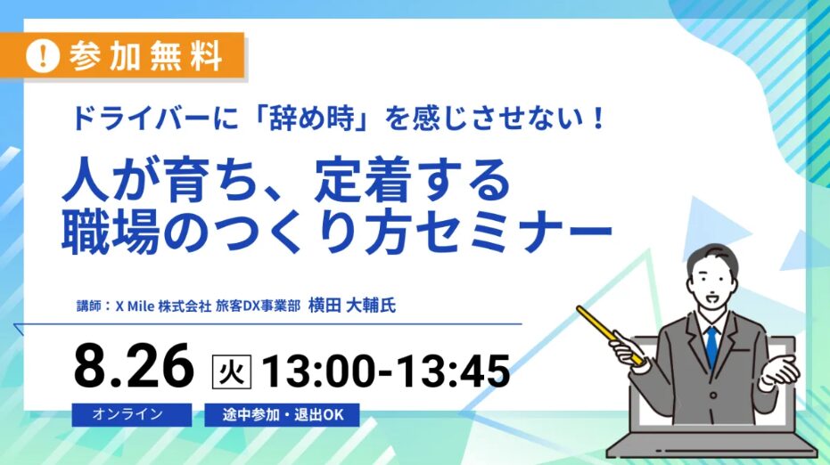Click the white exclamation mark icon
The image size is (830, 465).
click(x=43, y=55)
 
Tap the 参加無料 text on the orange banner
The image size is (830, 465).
click(x=145, y=55)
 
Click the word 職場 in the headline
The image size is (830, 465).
click(x=111, y=232)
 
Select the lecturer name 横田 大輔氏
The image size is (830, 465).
click(x=351, y=306)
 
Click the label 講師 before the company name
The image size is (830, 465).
click(x=89, y=306)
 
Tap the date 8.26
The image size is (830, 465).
click(x=134, y=365)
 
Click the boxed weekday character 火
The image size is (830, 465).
click(x=231, y=371)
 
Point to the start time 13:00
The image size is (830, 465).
click(x=325, y=371)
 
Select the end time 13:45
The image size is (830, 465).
click(x=453, y=371)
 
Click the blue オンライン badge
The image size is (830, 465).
click(x=132, y=414)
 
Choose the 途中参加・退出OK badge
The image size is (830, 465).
click(x=282, y=415)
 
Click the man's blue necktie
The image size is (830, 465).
click(x=712, y=346)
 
